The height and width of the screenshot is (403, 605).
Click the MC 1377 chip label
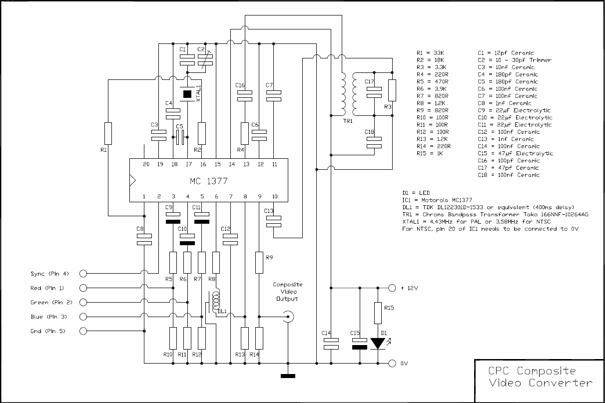pos(208,181)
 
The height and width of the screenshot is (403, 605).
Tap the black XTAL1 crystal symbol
pos(187,94)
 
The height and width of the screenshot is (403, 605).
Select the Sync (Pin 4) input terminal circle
pos(83,274)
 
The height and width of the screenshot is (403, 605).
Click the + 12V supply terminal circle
pos(392,288)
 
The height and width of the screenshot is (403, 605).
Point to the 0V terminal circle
pos(392,364)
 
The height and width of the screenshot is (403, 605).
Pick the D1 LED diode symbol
pos(378,344)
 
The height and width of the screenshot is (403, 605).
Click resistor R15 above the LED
pos(378,313)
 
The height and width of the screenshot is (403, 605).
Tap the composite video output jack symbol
pos(288,317)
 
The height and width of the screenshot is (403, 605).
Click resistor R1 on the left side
pos(108,134)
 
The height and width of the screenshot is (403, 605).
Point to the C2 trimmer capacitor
pos(205,60)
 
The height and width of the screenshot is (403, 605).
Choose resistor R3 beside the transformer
pos(392,90)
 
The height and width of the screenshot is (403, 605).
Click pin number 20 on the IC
pos(146,164)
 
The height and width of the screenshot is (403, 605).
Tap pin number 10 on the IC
pos(275,197)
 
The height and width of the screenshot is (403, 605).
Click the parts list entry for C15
pos(515,153)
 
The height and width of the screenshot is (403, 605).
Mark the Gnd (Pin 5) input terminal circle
pos(83,331)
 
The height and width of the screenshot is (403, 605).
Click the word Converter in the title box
pos(561,383)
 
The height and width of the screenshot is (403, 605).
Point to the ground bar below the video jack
pos(288,376)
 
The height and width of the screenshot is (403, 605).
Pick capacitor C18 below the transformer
pos(374,142)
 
